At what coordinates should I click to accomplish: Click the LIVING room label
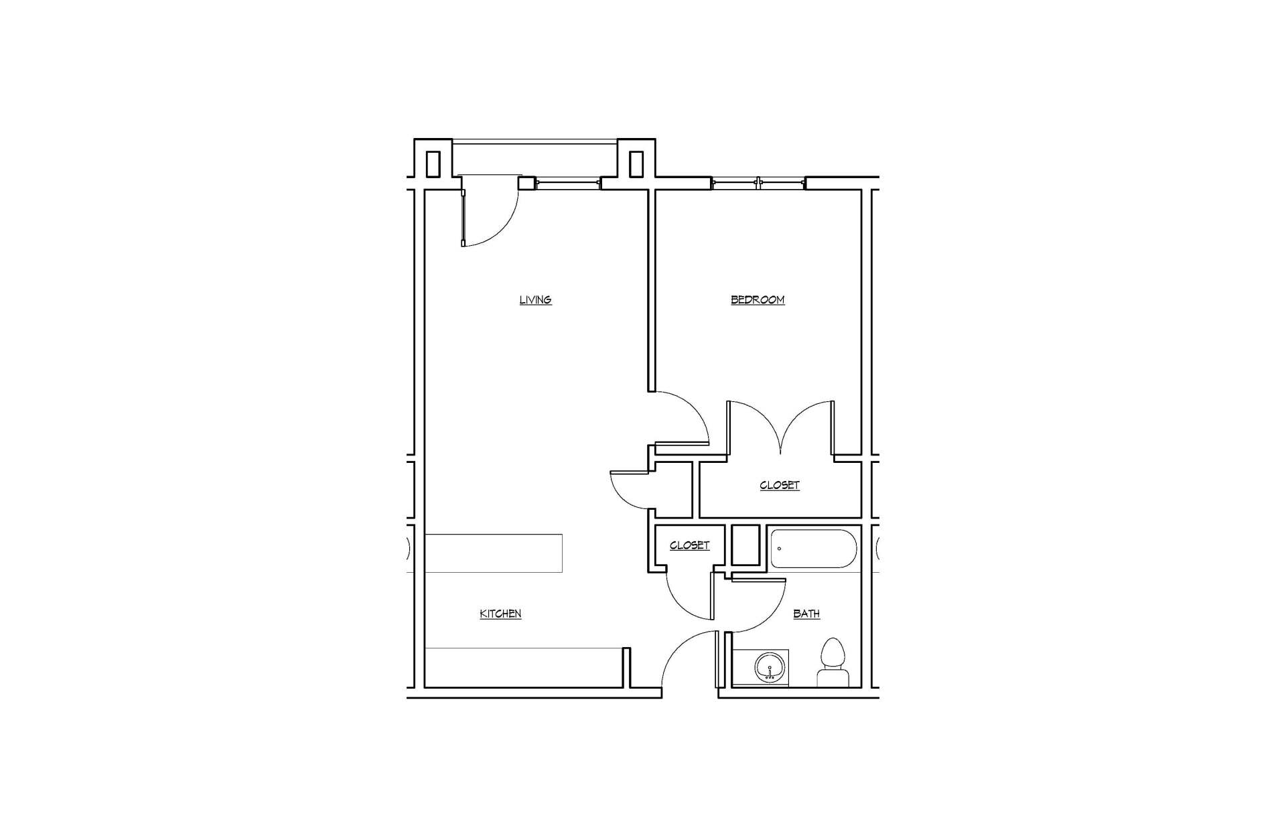(x=535, y=299)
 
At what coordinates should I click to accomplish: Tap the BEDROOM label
(x=757, y=299)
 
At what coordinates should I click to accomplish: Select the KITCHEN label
(x=500, y=614)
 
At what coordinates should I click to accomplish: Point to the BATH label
(x=806, y=614)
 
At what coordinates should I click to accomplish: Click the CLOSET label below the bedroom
(x=780, y=485)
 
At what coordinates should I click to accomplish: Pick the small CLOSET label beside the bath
(x=689, y=545)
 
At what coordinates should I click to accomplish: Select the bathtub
(x=813, y=549)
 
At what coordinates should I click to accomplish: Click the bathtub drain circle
(x=779, y=549)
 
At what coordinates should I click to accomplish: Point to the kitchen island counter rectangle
(x=494, y=553)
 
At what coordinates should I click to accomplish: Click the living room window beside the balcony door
(x=567, y=183)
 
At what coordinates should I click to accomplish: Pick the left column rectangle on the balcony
(x=433, y=164)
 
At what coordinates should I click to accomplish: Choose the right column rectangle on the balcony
(x=636, y=164)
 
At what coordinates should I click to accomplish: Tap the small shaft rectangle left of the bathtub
(x=745, y=545)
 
